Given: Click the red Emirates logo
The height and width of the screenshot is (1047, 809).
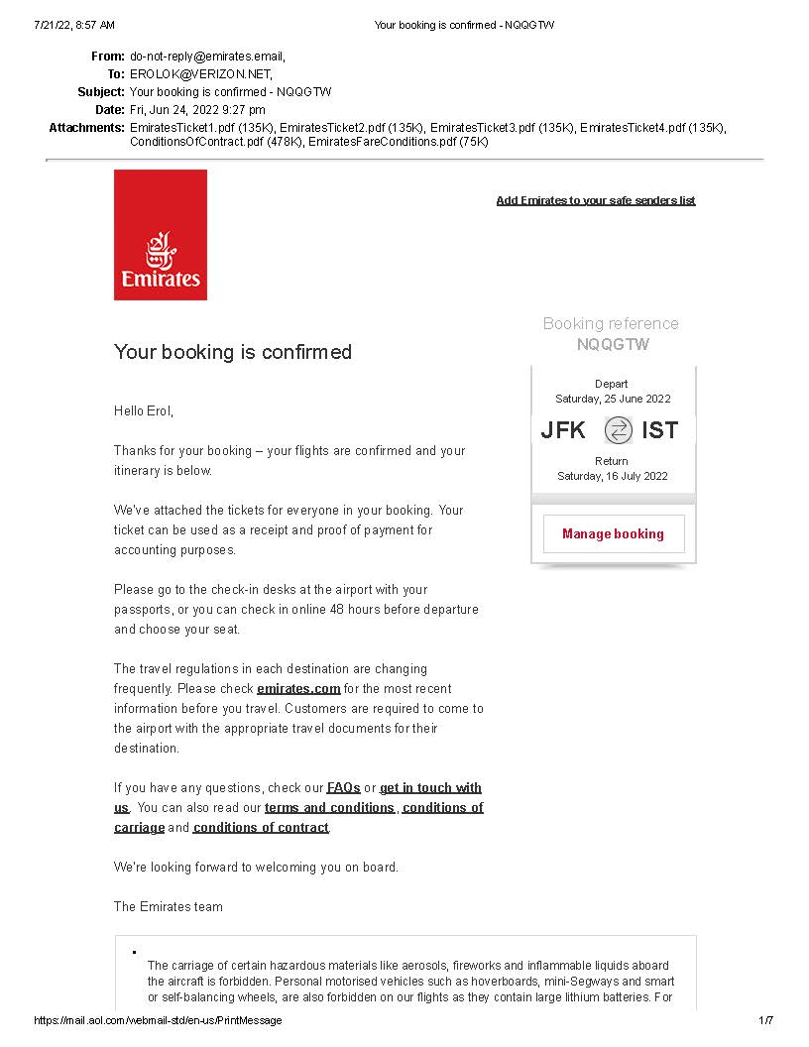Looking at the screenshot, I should pyautogui.click(x=161, y=235).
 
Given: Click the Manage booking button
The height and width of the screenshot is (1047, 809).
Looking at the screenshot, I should pyautogui.click(x=613, y=533).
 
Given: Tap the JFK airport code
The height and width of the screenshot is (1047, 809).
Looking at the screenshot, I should pyautogui.click(x=563, y=430).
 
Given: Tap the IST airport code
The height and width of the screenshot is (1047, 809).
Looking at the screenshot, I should pyautogui.click(x=659, y=430).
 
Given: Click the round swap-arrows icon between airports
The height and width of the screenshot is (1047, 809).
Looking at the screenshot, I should pyautogui.click(x=618, y=430).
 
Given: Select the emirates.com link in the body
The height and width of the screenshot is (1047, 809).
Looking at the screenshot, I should pyautogui.click(x=298, y=688).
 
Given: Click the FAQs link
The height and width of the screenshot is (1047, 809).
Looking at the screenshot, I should pyautogui.click(x=343, y=787).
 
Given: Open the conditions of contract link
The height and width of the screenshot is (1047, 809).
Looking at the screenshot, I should pyautogui.click(x=261, y=827).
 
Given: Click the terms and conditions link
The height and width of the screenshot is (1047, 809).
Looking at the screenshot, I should pyautogui.click(x=329, y=807).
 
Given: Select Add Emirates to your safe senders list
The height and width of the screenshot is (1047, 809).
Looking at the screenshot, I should pyautogui.click(x=595, y=200).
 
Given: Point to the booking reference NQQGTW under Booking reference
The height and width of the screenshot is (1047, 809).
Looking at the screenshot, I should pyautogui.click(x=613, y=345).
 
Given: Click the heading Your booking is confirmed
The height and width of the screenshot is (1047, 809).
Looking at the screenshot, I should pyautogui.click(x=233, y=352).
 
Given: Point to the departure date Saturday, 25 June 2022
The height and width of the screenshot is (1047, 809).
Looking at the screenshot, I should pyautogui.click(x=613, y=399).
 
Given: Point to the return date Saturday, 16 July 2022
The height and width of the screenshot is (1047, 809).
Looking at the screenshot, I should pyautogui.click(x=612, y=476).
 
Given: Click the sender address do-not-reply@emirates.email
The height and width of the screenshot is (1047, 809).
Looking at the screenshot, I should pyautogui.click(x=206, y=57).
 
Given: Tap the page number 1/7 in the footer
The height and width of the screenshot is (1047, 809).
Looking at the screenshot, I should pyautogui.click(x=765, y=1020).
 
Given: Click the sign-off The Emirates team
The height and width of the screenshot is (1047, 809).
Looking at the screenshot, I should pyautogui.click(x=169, y=906).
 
